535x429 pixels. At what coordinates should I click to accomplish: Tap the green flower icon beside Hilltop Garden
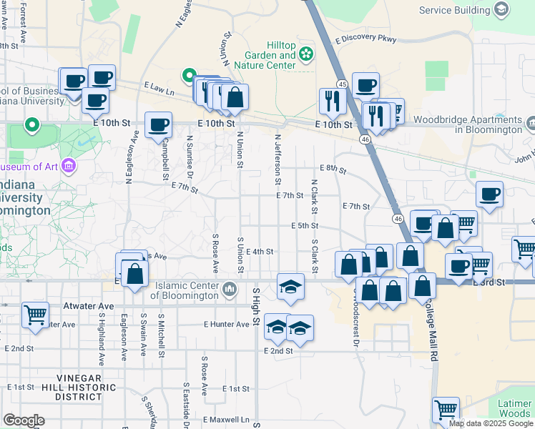[306, 54]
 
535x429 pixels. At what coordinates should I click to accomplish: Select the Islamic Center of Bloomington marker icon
[230, 289]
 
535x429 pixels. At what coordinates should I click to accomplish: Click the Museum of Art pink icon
[69, 167]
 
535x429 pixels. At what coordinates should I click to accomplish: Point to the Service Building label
[454, 10]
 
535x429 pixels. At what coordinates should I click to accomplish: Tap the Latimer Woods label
[515, 408]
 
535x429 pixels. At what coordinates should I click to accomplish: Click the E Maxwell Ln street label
[229, 419]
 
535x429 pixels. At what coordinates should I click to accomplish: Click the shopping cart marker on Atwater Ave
[35, 315]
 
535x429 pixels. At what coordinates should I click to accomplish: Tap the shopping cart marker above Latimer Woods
[446, 410]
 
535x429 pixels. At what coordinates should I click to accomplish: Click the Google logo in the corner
[24, 420]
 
